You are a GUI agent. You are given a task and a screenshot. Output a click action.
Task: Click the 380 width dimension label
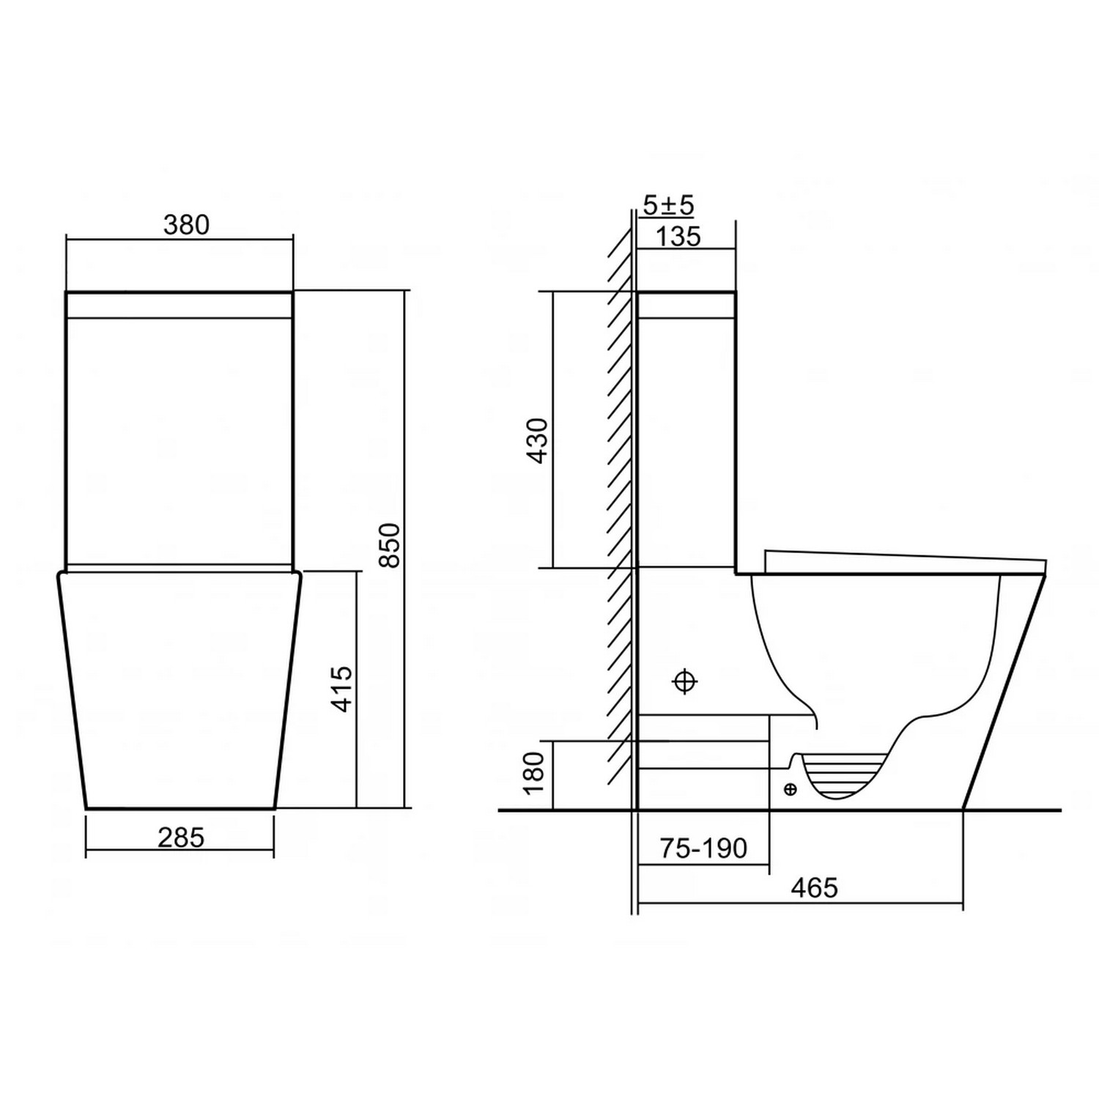click(x=186, y=225)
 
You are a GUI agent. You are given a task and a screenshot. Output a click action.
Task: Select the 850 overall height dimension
click(x=393, y=545)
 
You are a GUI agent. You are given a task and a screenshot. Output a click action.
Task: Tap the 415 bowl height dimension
click(x=342, y=689)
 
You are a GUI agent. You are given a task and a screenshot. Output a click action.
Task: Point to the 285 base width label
click(x=181, y=837)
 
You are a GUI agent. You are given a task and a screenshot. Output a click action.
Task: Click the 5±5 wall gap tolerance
click(x=668, y=206)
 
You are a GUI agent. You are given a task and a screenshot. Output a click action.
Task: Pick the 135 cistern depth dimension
click(x=678, y=237)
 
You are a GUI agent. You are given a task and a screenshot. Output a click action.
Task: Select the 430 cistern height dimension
click(x=537, y=440)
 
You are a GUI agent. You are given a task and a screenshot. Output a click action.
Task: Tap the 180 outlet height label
click(x=534, y=773)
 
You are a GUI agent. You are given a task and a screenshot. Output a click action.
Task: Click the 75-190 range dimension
click(x=703, y=848)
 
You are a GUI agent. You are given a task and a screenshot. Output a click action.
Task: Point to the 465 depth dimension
click(x=814, y=888)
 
